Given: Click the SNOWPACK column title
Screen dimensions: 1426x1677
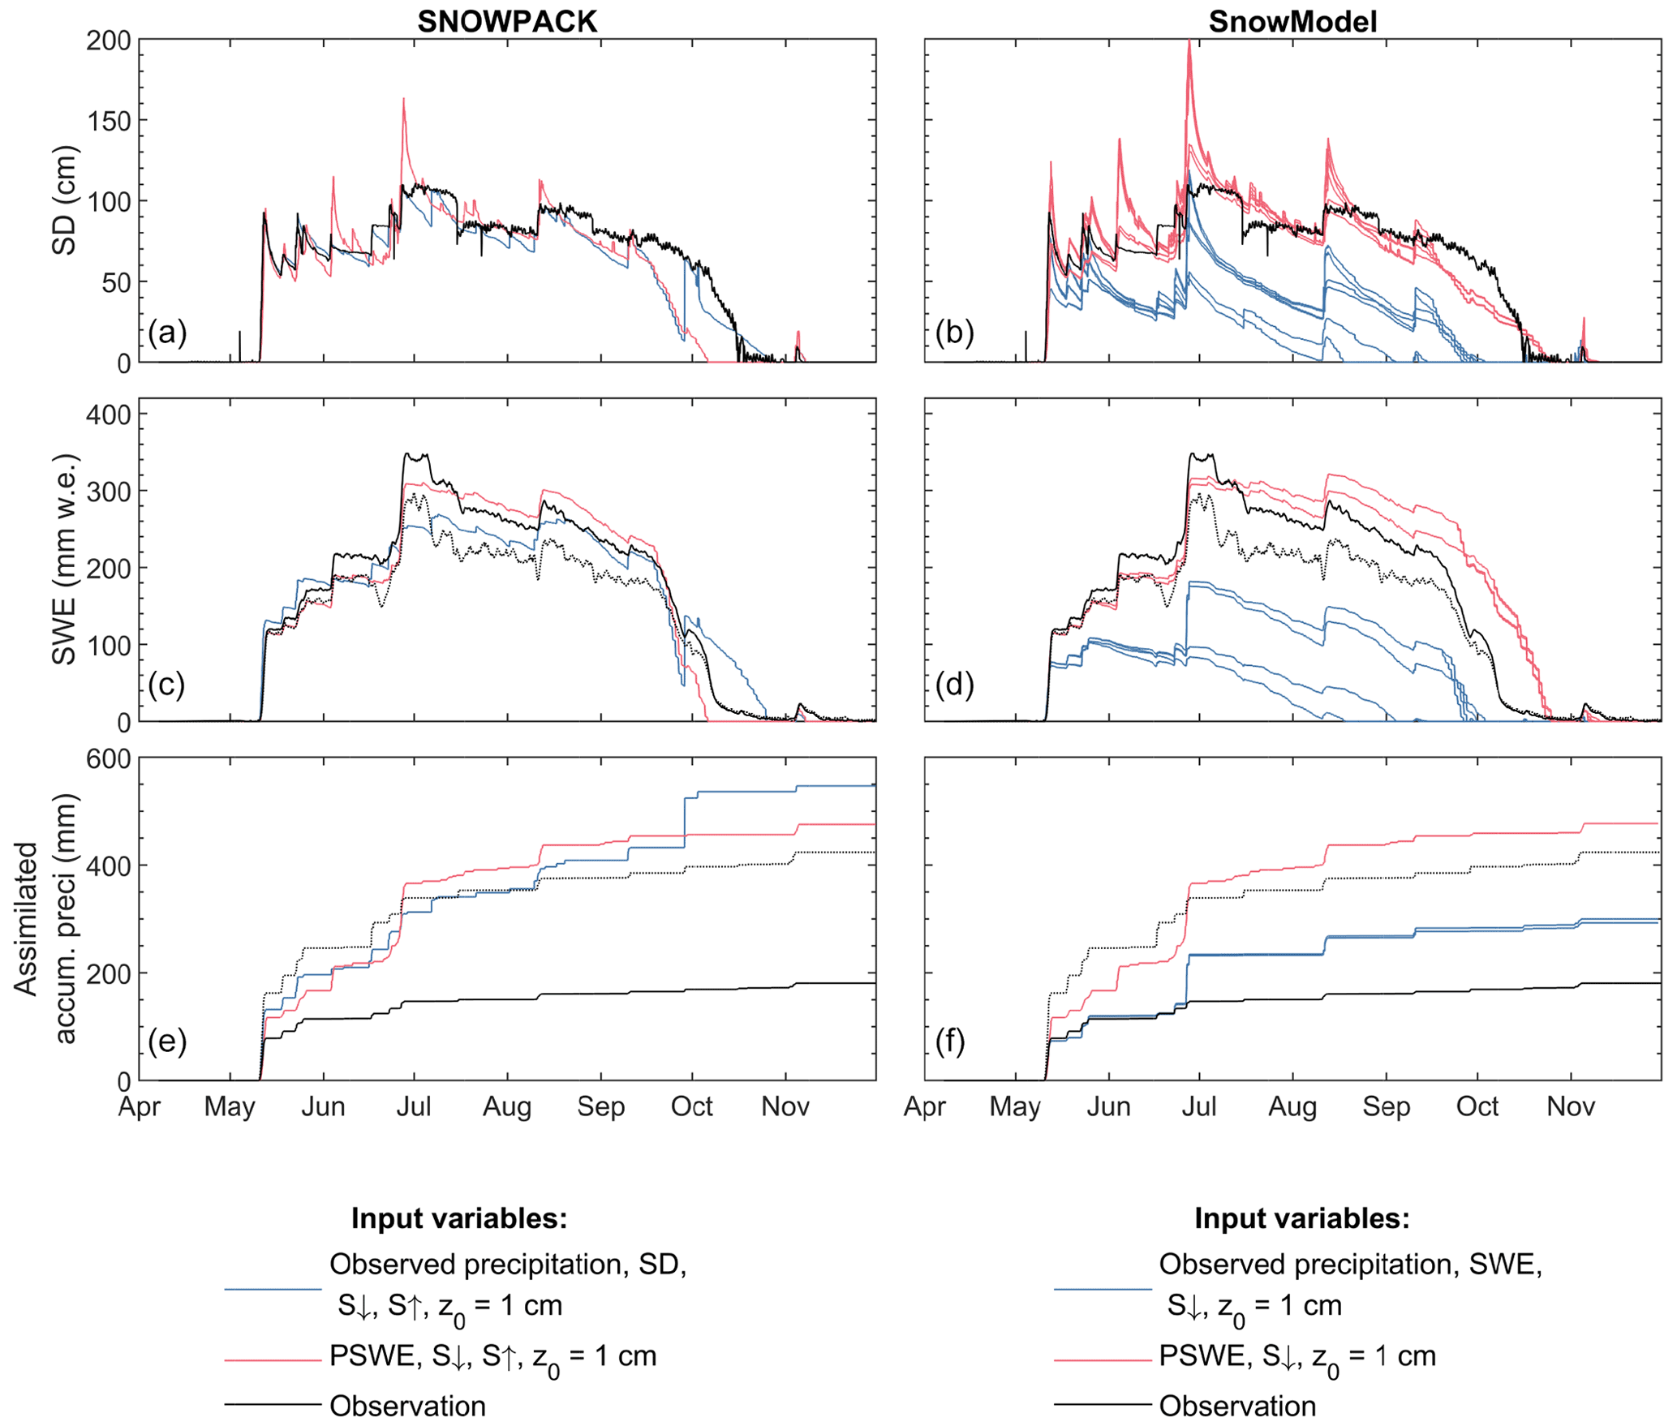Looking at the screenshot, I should click(507, 22).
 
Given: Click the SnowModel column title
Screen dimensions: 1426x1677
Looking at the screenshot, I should click(1292, 22).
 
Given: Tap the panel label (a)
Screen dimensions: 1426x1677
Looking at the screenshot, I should click(167, 333).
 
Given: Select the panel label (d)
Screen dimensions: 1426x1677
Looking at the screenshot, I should click(953, 685).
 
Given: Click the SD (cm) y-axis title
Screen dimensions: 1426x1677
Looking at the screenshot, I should click(64, 200).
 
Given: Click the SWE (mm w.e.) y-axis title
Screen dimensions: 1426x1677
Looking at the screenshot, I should click(64, 560).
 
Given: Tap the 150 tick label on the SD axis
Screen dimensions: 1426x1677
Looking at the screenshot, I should click(108, 121).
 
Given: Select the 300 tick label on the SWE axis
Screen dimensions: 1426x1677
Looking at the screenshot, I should click(108, 492).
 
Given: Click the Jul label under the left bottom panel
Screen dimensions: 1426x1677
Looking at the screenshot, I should click(414, 1106).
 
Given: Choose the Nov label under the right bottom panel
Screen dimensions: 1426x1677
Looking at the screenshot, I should click(1571, 1106).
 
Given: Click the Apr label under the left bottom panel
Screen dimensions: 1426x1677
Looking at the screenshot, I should click(140, 1106).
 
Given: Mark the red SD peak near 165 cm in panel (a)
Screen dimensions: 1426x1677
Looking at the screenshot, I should click(403, 100).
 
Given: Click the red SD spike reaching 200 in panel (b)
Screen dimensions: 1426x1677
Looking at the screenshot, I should click(1189, 42).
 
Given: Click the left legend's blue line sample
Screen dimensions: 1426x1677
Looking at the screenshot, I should click(273, 1289).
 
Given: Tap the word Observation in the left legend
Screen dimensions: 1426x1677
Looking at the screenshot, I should click(407, 1406).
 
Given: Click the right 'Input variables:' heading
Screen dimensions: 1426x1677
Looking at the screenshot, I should click(1301, 1218).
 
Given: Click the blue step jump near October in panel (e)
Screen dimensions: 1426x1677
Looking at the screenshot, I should click(685, 823).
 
